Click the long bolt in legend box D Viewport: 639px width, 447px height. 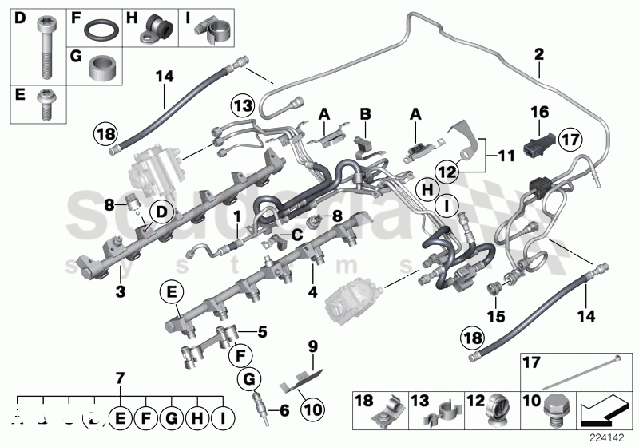click(42, 46)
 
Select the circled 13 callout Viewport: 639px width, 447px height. click(242, 105)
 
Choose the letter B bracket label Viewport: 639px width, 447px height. click(365, 113)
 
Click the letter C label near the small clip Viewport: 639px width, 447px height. click(297, 234)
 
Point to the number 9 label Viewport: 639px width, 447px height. click(313, 346)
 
